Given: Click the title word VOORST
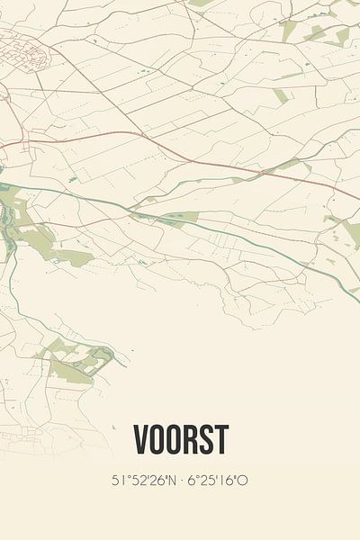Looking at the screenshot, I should pos(180,440).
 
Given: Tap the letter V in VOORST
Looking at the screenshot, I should pos(141,440).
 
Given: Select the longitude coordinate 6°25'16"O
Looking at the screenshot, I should pos(217,481).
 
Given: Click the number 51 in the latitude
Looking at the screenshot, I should pos(118,481).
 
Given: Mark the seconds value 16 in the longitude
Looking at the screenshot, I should pos(229,481).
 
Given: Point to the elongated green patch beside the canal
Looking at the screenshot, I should pos(171,218).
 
